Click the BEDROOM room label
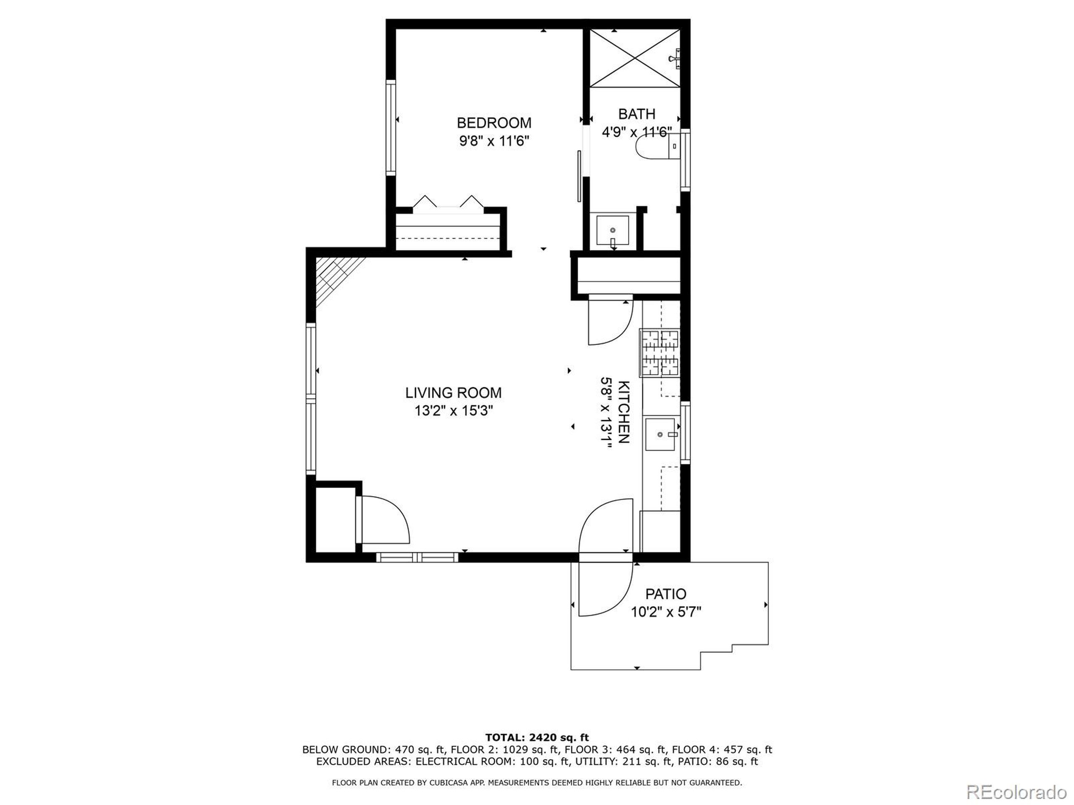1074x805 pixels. [494, 122]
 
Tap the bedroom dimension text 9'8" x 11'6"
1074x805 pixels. [494, 141]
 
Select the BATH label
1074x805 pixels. [636, 114]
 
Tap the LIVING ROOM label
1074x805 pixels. [454, 392]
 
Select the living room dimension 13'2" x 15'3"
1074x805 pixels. [454, 411]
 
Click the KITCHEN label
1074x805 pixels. [623, 412]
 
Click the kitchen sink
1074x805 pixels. [660, 434]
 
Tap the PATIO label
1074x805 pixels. [666, 594]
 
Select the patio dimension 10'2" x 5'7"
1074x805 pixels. [666, 613]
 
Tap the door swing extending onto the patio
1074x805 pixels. [605, 590]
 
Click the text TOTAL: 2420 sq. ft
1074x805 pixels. [537, 738]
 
